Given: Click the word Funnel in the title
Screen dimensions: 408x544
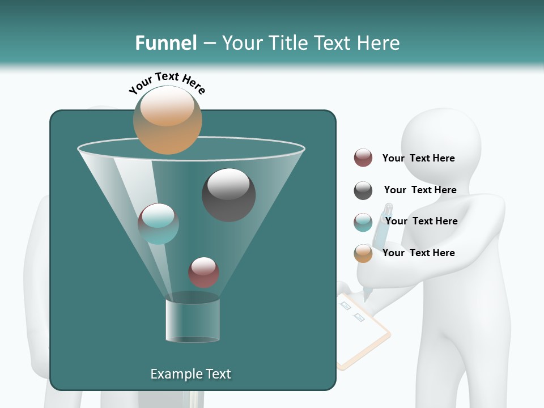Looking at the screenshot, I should tap(165, 43).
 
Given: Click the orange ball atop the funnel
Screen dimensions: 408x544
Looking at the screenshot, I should tap(167, 120).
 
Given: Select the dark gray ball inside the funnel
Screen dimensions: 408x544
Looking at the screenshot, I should tap(229, 195).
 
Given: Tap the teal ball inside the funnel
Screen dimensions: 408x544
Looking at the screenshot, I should tap(158, 224).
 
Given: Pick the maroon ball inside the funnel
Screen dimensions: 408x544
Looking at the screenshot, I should tap(203, 273).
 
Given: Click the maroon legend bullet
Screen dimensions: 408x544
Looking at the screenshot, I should tap(363, 158).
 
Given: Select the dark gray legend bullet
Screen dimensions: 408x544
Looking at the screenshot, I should tap(363, 190).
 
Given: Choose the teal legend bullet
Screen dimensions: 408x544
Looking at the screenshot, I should tap(363, 222).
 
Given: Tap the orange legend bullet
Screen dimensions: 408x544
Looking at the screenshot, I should tap(363, 253).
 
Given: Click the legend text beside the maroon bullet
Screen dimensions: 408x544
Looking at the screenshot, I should tap(418, 158).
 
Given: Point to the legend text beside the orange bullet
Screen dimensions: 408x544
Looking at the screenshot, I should tap(418, 253).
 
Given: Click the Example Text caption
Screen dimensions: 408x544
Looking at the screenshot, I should tap(190, 374).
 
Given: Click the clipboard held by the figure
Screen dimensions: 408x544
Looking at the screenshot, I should tap(363, 331).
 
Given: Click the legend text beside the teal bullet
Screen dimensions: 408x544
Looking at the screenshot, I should tap(421, 221).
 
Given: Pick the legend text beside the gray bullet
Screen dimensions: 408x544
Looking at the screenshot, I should tap(420, 190).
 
